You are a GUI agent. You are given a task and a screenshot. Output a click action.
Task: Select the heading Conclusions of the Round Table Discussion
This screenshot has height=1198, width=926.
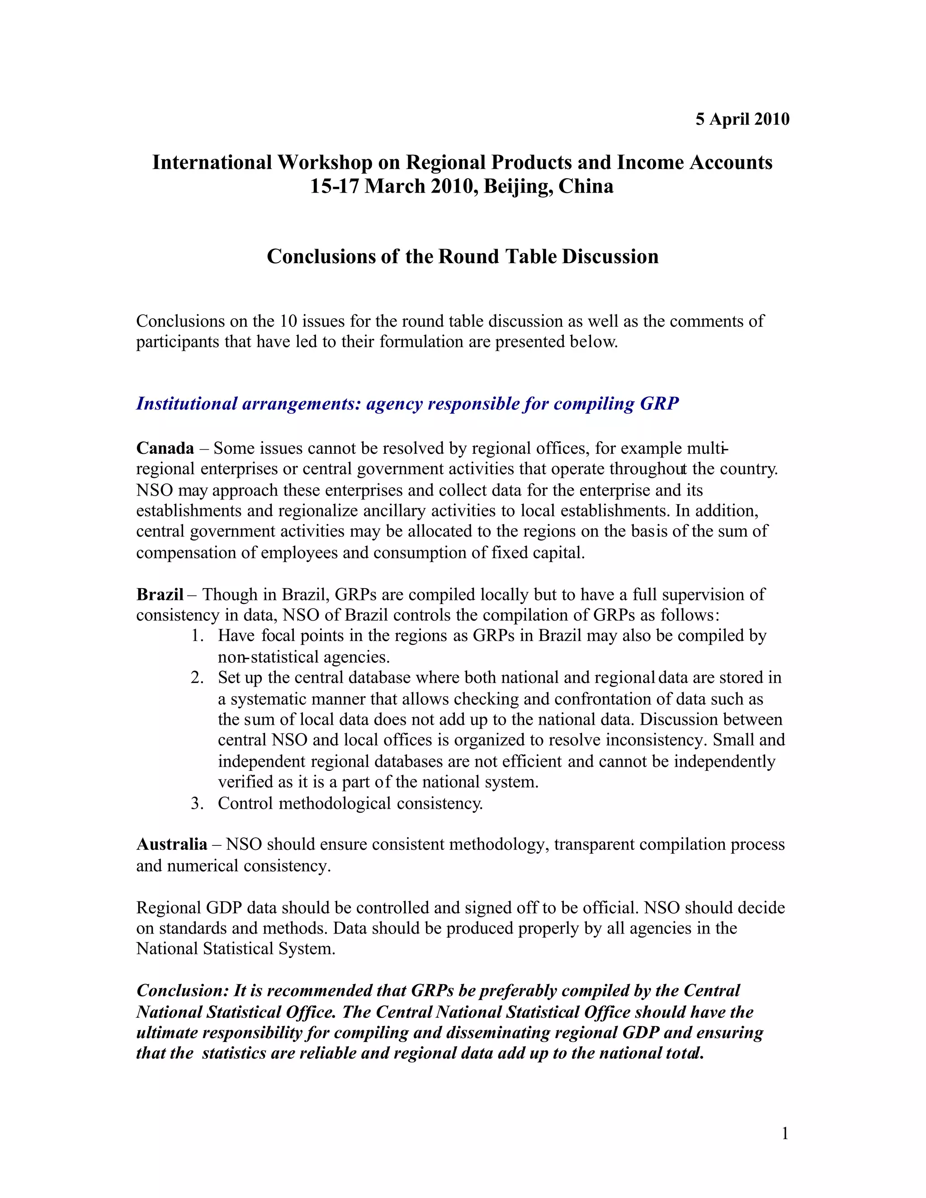pyautogui.click(x=463, y=257)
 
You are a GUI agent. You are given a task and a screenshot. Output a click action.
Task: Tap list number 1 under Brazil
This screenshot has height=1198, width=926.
pyautogui.click(x=198, y=636)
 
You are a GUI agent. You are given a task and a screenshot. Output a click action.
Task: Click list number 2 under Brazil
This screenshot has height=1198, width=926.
pyautogui.click(x=198, y=678)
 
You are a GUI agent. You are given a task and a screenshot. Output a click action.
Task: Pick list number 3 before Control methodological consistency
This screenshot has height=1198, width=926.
pyautogui.click(x=198, y=804)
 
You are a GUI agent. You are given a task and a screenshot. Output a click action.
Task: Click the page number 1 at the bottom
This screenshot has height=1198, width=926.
pyautogui.click(x=784, y=1133)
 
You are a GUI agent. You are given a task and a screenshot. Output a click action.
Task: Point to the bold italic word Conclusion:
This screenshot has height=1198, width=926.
pyautogui.click(x=183, y=990)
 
